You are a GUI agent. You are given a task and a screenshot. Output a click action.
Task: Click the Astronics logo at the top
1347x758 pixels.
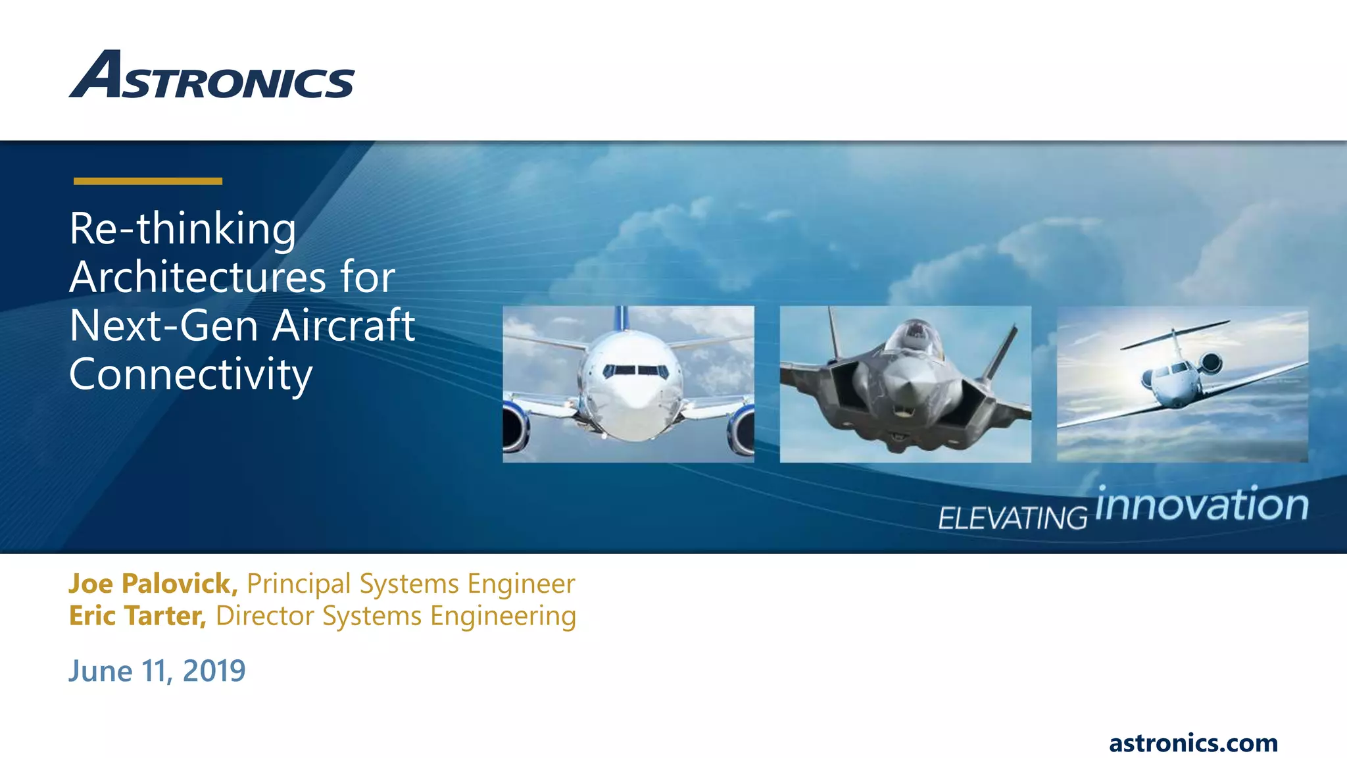click(x=212, y=76)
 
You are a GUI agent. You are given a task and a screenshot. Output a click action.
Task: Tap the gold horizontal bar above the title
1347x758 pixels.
click(x=148, y=181)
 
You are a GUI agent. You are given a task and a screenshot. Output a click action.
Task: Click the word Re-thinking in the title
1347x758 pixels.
click(x=183, y=229)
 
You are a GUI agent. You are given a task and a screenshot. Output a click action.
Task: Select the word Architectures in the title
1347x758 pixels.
click(x=197, y=277)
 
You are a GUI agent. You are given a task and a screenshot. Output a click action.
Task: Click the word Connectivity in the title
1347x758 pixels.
click(x=191, y=374)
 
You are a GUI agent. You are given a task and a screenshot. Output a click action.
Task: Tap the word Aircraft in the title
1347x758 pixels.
click(x=344, y=326)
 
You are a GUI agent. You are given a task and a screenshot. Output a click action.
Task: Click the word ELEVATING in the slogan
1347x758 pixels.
click(x=1012, y=518)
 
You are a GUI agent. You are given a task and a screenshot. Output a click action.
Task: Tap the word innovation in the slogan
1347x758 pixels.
click(x=1202, y=505)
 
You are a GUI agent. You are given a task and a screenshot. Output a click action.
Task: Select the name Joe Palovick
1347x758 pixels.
click(x=153, y=584)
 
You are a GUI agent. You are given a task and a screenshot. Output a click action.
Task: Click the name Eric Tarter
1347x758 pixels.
click(x=137, y=616)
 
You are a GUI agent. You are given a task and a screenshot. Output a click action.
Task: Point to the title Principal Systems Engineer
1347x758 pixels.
click(x=411, y=584)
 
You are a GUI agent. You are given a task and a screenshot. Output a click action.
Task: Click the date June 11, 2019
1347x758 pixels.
click(x=157, y=671)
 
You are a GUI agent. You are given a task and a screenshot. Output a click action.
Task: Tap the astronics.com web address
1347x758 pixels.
click(x=1193, y=743)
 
